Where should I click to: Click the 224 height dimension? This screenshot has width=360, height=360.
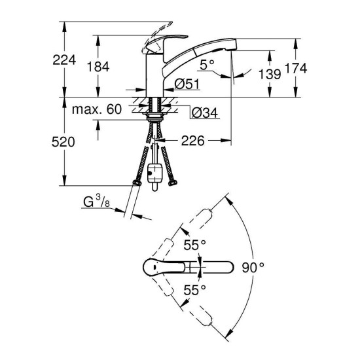[65, 60]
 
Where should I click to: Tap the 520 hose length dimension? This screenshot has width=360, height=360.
[65, 141]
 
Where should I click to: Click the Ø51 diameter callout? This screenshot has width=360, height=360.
[188, 83]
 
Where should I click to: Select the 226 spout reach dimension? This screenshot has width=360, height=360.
[193, 140]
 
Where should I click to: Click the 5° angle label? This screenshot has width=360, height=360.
[208, 65]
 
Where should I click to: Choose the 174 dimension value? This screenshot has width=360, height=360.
[297, 67]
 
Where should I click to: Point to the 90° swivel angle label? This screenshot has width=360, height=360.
[253, 267]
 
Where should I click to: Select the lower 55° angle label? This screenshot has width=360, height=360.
[194, 288]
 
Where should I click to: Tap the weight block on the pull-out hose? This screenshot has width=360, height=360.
[154, 174]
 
